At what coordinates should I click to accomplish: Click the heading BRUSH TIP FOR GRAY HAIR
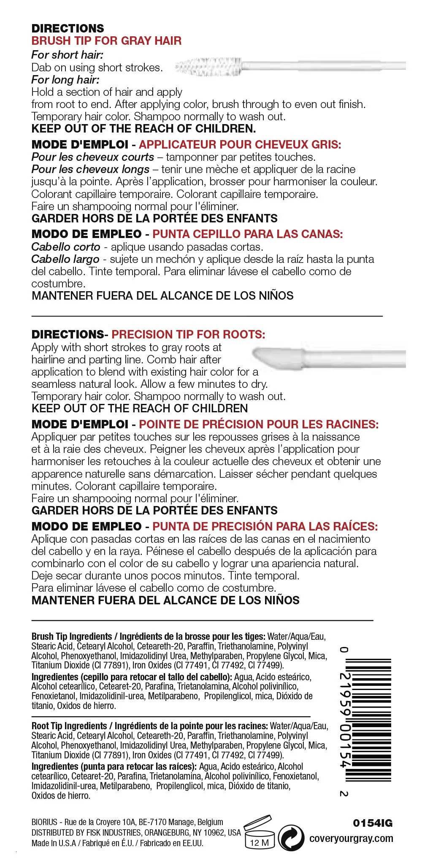click(106, 41)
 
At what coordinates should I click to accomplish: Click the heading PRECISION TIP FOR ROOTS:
click(188, 335)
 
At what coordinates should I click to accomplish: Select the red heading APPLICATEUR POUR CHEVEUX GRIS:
click(240, 145)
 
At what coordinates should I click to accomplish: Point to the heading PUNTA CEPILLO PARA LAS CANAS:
click(248, 234)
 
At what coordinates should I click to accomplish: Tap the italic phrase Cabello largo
click(65, 259)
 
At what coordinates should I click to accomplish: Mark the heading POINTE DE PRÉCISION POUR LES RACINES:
click(259, 424)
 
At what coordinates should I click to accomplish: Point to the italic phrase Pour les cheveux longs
click(90, 170)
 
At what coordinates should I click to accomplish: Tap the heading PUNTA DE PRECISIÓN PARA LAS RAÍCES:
click(265, 527)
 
